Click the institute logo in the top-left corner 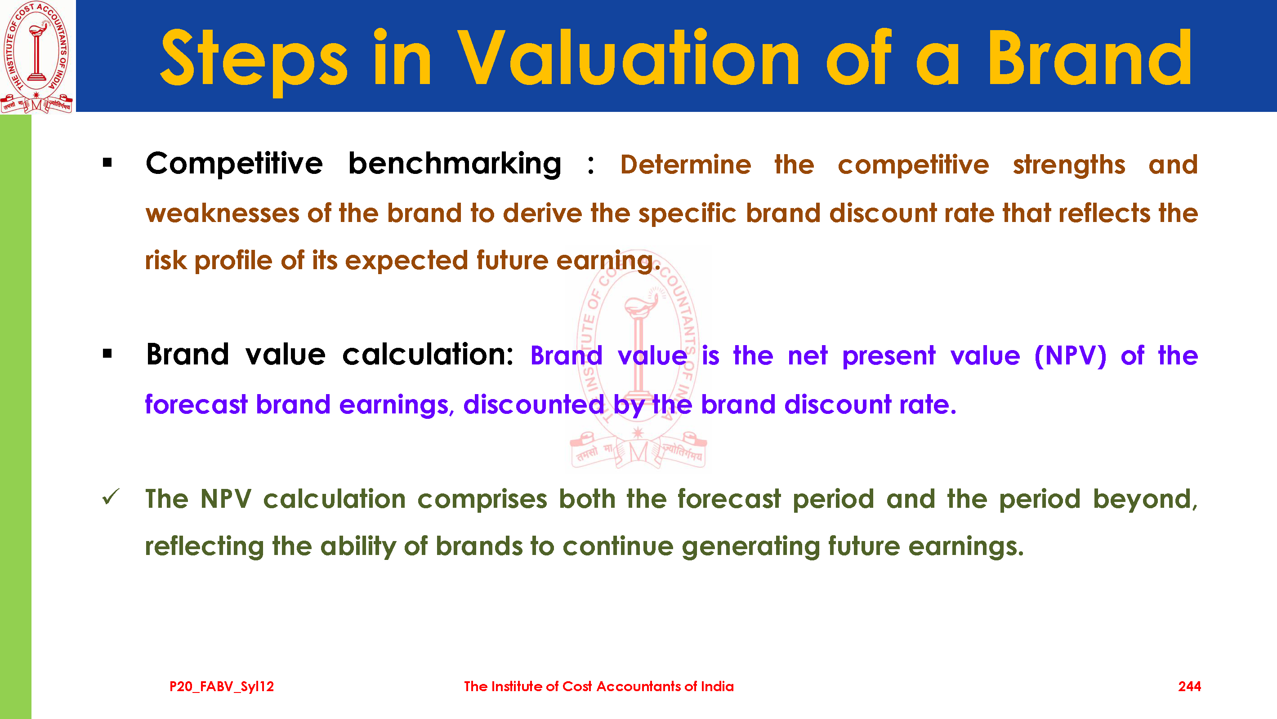point(37,57)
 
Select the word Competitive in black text point(234,164)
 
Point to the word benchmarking point(455,164)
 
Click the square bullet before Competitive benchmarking point(107,163)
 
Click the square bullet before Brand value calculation point(107,354)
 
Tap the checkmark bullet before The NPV point(111,497)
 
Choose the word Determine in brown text point(686,164)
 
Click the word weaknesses point(223,213)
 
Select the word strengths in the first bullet point(1069,165)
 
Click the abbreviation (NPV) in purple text point(1070,356)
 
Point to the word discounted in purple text point(534,404)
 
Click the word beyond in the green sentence point(1145,499)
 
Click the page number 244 point(1189,686)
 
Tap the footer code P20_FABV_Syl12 point(222,687)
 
